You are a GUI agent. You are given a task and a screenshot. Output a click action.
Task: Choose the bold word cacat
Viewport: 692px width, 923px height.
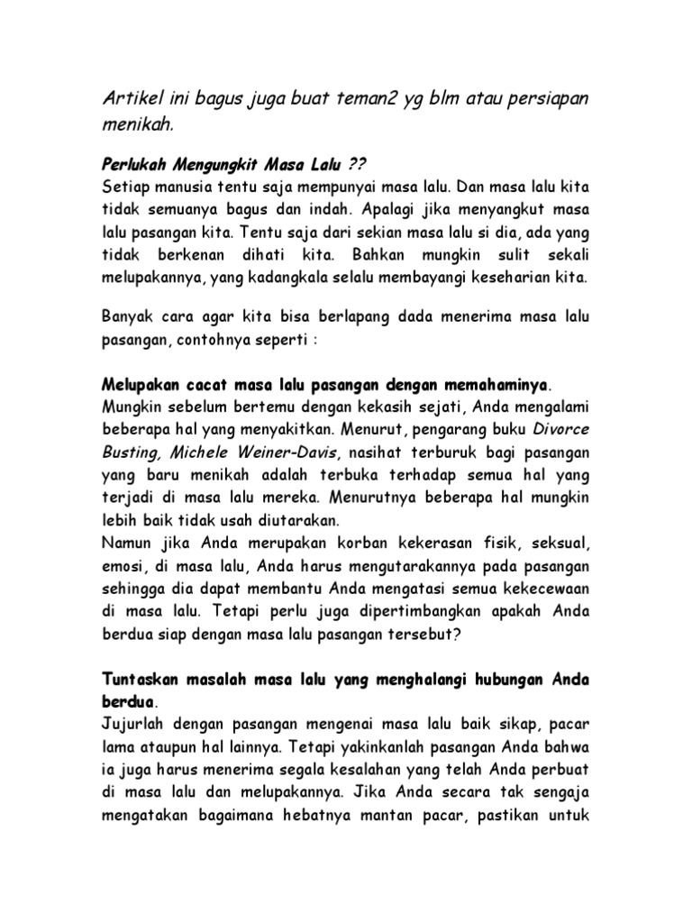pos(205,386)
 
